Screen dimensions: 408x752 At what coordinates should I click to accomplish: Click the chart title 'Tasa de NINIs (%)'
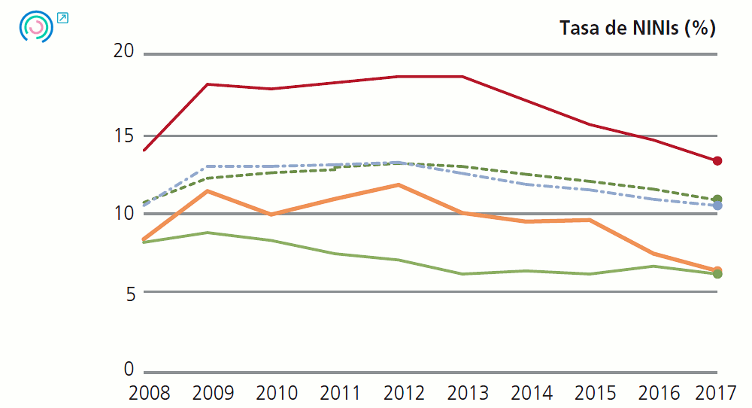[638, 29]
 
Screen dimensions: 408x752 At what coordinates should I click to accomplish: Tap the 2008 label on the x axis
[150, 393]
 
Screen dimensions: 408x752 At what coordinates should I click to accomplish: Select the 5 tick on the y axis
[129, 294]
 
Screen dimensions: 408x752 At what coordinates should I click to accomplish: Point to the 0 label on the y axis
[129, 370]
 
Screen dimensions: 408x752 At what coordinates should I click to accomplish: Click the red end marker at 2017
[717, 160]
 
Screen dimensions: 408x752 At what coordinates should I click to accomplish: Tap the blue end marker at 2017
[717, 206]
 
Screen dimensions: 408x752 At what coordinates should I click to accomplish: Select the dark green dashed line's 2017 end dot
[717, 199]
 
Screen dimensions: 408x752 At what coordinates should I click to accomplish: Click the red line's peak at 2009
[207, 84]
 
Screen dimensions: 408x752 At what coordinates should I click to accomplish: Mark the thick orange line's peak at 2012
[399, 184]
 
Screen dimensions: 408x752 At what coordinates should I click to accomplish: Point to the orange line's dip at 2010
[270, 215]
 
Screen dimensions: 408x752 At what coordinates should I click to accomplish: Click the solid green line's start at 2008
[144, 242]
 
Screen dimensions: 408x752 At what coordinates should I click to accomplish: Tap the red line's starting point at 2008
[144, 150]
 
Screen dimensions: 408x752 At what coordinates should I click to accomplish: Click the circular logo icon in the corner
[36, 26]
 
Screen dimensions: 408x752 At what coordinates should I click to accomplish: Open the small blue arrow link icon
[62, 17]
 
